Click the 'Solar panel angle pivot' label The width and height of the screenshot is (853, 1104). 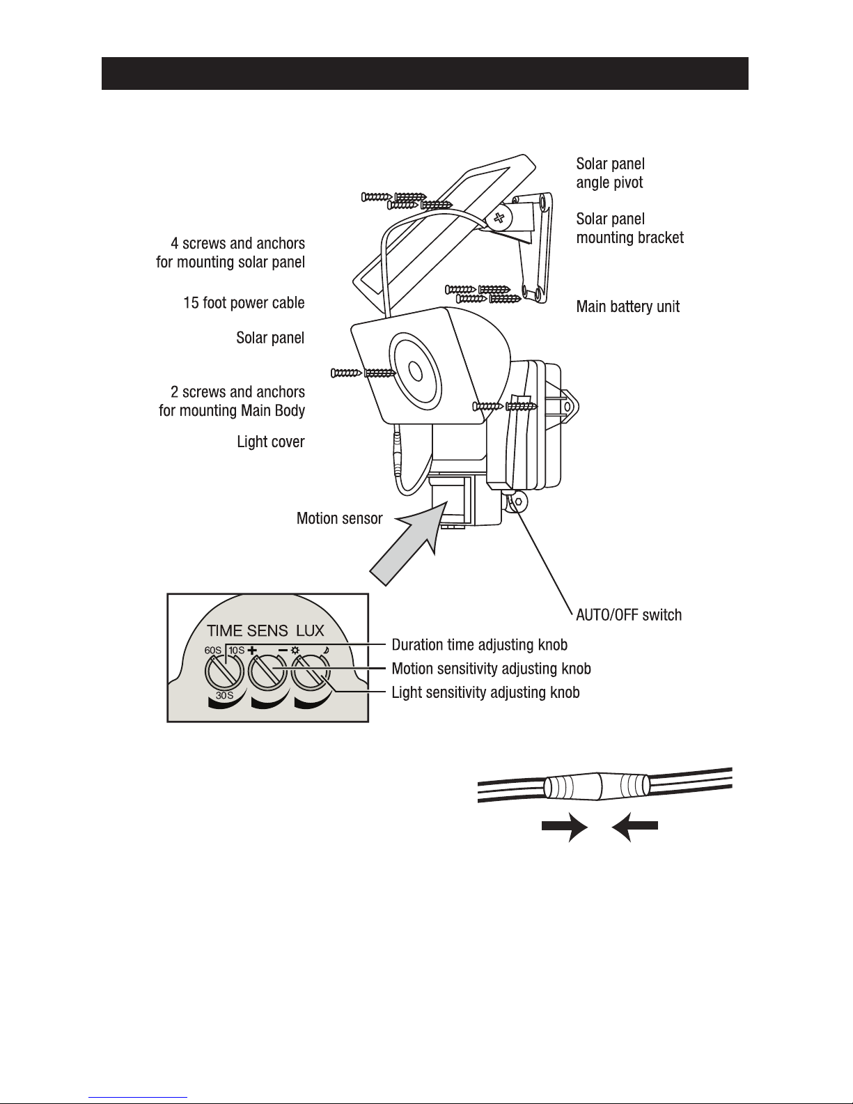[610, 173]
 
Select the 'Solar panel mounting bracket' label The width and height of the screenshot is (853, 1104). [629, 228]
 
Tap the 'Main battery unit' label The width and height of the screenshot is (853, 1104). [627, 306]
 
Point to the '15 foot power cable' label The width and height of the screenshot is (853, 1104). [243, 303]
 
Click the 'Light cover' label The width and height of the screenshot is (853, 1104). [270, 442]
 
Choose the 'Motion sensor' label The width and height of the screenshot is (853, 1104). [339, 518]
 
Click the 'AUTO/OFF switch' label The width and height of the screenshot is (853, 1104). [628, 615]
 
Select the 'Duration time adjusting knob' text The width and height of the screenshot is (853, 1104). [479, 644]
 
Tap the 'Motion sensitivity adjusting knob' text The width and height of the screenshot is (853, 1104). [491, 669]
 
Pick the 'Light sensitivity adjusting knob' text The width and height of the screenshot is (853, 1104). [485, 692]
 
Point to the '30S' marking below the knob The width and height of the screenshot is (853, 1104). [224, 696]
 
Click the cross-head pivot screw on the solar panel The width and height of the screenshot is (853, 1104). [499, 218]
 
